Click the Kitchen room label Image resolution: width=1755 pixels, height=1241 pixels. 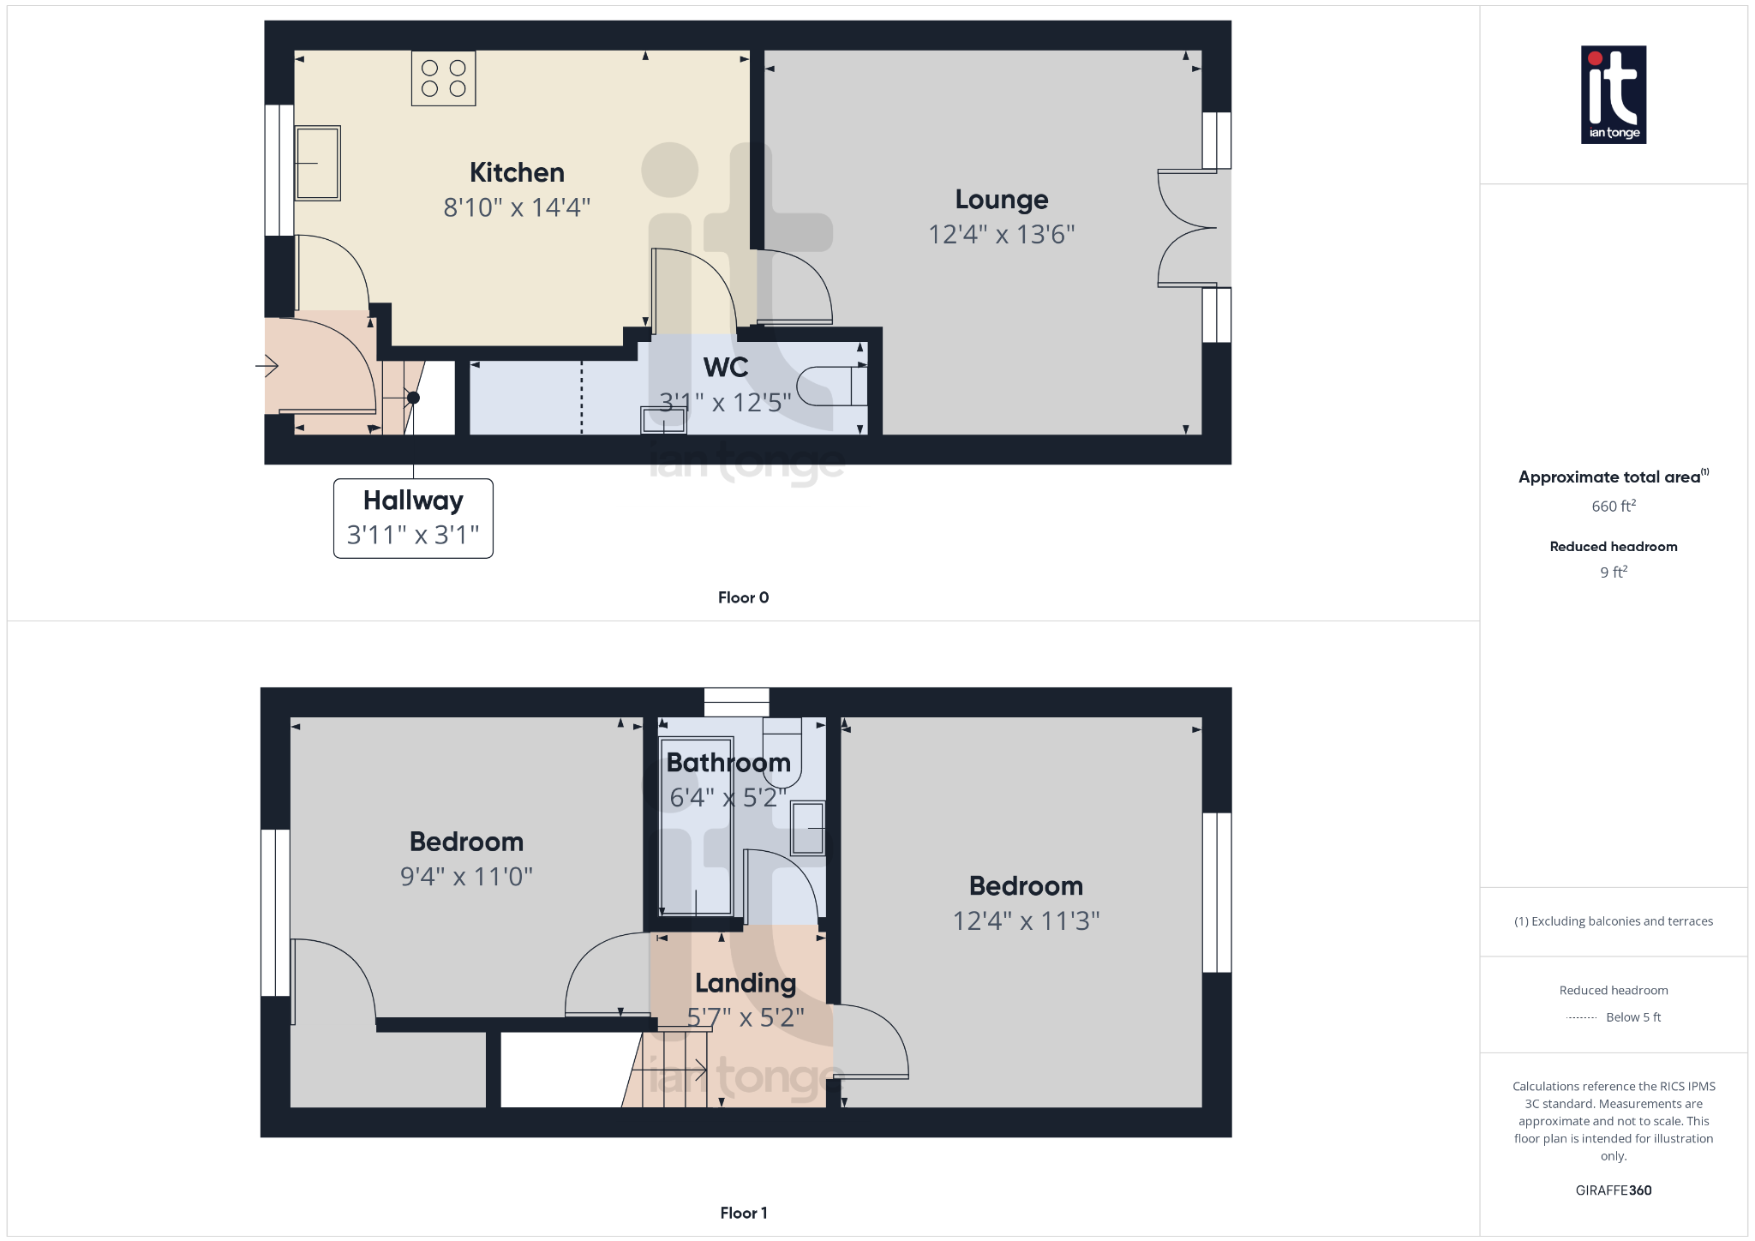point(517,172)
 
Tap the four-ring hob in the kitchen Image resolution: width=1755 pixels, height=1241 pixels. point(443,78)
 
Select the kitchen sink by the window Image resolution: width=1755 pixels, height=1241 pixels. point(318,163)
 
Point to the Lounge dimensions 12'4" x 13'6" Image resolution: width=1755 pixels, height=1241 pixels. point(1001,234)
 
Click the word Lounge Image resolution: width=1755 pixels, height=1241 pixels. point(1001,199)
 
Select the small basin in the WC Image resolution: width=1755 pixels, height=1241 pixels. point(663,421)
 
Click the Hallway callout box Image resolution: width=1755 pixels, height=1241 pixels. point(413,518)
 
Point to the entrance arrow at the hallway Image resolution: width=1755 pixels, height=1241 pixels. point(267,366)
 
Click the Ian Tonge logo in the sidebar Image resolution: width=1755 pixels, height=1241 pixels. point(1613,94)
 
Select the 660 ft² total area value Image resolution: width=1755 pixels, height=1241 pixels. point(1613,506)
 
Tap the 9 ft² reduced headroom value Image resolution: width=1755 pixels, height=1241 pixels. point(1613,572)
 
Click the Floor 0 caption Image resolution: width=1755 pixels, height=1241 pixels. point(743,597)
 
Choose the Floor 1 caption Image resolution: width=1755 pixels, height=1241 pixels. point(743,1213)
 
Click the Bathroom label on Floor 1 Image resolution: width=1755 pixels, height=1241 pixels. point(728,762)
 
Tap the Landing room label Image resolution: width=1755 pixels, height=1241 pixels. point(746,982)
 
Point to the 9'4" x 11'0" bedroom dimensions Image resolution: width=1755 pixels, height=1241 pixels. point(466,877)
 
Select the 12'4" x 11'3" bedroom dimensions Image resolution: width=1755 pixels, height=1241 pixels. point(1026,920)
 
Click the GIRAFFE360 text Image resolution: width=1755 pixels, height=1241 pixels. point(1613,1190)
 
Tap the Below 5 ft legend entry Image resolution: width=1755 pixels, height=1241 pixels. point(1632,1017)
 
